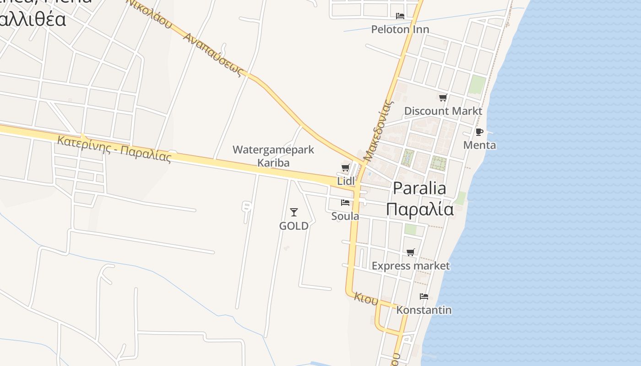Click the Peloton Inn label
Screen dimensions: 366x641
pos(400,29)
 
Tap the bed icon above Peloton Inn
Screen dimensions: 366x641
pos(400,16)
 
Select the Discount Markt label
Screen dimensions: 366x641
pos(443,111)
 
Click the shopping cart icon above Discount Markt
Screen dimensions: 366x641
pos(443,97)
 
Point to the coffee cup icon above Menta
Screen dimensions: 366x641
pos(479,132)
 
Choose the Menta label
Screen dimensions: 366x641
pos(479,145)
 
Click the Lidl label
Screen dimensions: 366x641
pos(346,181)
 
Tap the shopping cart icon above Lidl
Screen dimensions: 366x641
pos(346,168)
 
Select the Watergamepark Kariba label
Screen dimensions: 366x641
pos(273,156)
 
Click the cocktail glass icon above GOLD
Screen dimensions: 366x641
pos(294,212)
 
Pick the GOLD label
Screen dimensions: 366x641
pos(294,226)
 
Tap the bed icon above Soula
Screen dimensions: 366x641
pos(345,203)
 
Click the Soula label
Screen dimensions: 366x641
pos(345,216)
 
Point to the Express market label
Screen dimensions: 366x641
pos(411,266)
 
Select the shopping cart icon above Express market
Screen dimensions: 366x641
pos(411,253)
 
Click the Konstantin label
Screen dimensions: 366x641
pos(424,310)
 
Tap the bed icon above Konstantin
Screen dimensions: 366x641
pos(424,296)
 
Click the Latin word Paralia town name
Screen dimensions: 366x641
pos(419,188)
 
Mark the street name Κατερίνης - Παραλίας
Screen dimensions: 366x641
pos(114,149)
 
